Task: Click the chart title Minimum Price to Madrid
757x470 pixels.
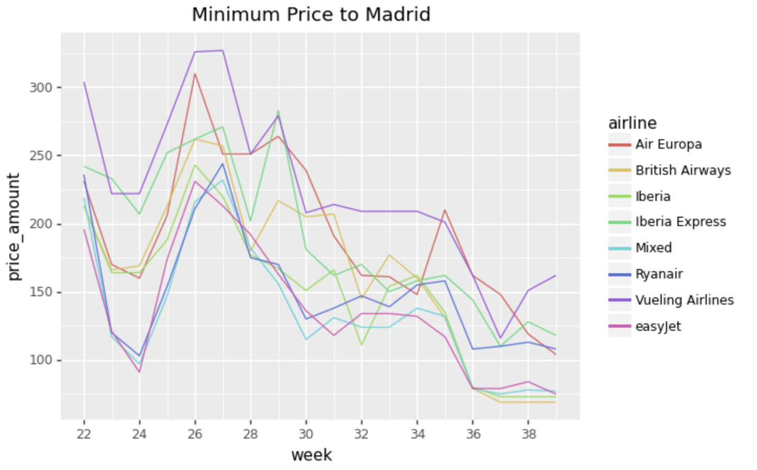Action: coord(311,15)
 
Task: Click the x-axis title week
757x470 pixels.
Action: coord(311,455)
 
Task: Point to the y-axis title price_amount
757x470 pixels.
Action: coord(14,227)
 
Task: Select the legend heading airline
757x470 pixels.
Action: coord(632,123)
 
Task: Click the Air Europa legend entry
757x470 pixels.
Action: coord(668,144)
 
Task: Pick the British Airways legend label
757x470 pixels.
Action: coord(683,171)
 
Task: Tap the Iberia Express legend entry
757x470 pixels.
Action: coord(680,222)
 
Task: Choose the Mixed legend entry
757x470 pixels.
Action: coord(653,248)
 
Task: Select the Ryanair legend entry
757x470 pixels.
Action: coord(659,274)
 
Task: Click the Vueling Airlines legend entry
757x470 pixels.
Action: coord(684,300)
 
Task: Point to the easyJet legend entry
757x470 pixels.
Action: coord(658,327)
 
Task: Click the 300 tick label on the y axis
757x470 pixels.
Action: coord(41,87)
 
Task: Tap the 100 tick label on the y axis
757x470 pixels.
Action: coord(41,361)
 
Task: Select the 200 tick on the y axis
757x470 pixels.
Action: coord(41,224)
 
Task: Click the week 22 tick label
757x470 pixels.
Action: coord(84,434)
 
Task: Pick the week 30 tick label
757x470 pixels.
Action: coord(306,434)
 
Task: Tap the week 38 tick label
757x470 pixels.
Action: coord(529,434)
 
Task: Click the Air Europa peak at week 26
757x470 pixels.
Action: coord(195,74)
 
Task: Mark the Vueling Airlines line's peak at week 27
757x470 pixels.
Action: coord(222,51)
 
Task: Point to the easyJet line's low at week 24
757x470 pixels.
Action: coord(139,372)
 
